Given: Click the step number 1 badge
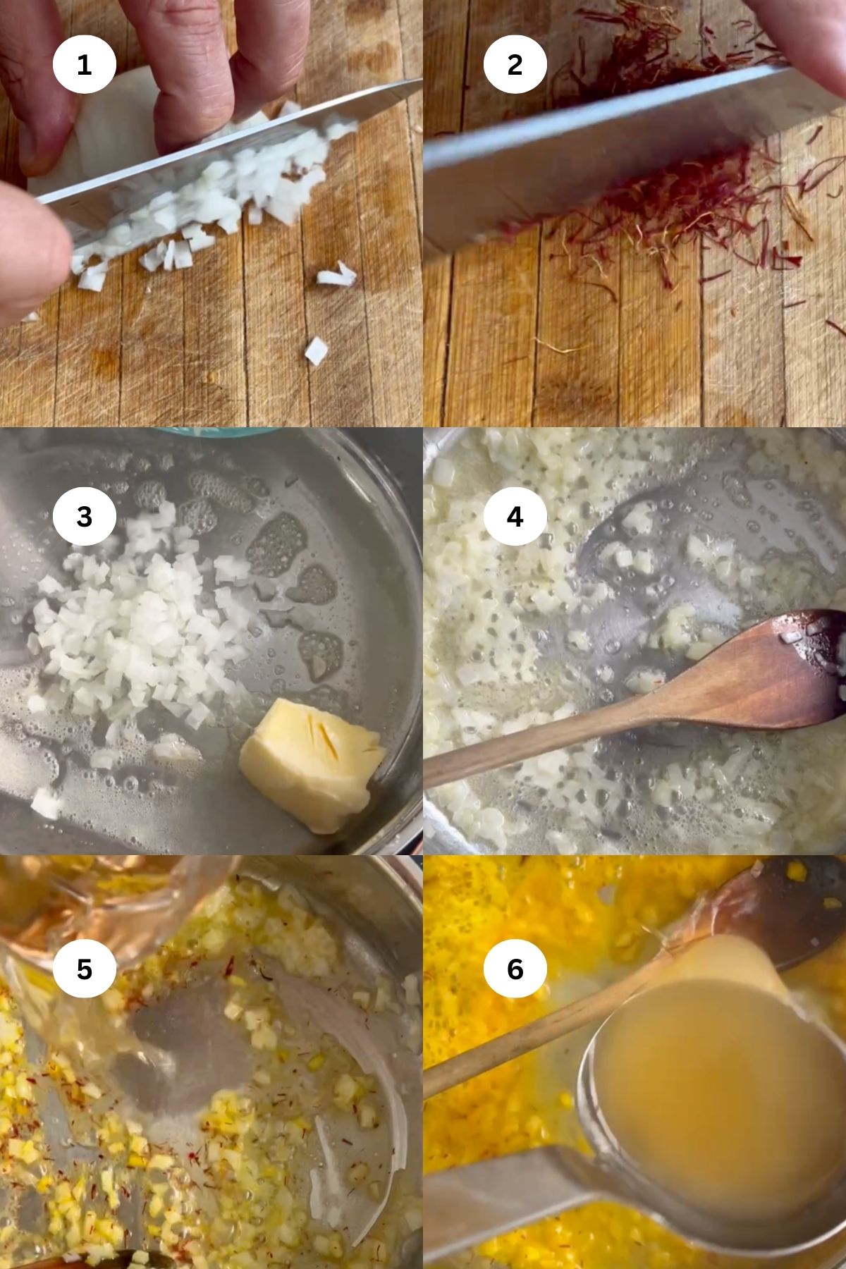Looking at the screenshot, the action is pos(84,65).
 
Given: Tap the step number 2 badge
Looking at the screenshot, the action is pos(515,65).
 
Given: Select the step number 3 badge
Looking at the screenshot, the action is pos(84,517).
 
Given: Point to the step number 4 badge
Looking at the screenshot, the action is pos(515,517).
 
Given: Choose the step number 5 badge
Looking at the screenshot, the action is pos(84,969).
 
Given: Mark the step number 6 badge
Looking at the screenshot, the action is pos(515,969).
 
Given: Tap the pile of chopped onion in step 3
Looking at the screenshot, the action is pos(134,627).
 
